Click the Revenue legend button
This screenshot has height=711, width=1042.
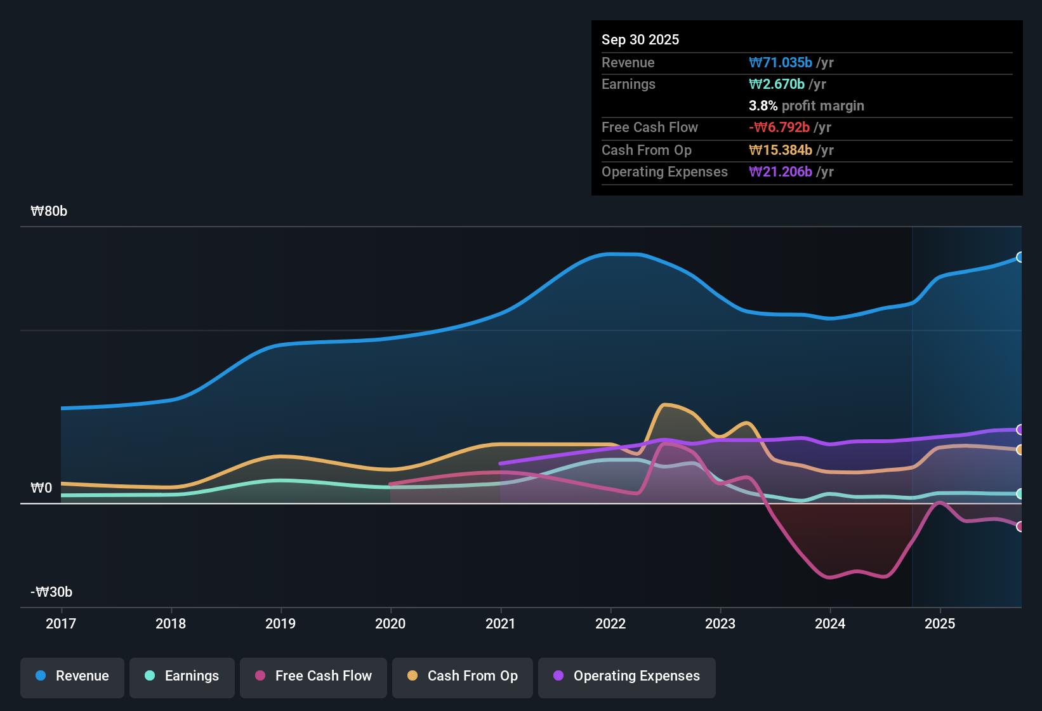tap(72, 676)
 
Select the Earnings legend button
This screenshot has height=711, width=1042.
tap(182, 676)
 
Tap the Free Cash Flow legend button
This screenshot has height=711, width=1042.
tap(313, 676)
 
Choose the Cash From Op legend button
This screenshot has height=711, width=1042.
tap(463, 676)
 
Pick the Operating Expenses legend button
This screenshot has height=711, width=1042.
tap(627, 676)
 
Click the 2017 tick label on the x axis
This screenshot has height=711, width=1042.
tap(61, 623)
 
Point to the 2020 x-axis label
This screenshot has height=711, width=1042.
tap(390, 623)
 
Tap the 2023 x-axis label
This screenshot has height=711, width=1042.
tap(720, 623)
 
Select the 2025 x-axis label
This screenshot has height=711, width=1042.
tap(940, 623)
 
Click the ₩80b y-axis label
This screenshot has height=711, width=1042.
tap(49, 211)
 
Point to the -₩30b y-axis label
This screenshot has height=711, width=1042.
tap(51, 592)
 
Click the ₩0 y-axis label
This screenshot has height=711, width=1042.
tap(41, 488)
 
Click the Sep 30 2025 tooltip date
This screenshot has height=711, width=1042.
tap(640, 39)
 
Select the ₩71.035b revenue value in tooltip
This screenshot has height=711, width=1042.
tap(781, 62)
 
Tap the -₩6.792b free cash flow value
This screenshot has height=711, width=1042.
tap(779, 127)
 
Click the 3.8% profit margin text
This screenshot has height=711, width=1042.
tap(806, 105)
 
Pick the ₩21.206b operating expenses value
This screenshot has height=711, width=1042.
tap(781, 171)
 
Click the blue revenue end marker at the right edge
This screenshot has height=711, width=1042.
tap(1020, 257)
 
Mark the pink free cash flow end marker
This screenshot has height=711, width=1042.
tap(1020, 526)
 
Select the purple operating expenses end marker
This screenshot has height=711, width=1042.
tap(1020, 430)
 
